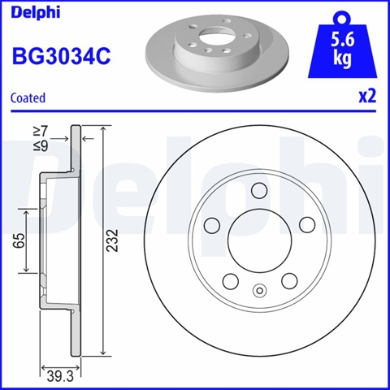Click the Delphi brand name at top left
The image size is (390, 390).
coord(35,13)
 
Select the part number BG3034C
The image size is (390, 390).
coord(61,56)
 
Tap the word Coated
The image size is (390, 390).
coord(28,97)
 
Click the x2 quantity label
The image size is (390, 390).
coord(367,97)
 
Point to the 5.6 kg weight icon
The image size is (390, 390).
coord(342,46)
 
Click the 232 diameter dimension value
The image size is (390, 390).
coord(112,240)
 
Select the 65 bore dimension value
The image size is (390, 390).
coord(19,240)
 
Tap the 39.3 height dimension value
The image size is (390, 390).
coord(60,377)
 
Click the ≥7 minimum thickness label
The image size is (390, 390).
coord(41,132)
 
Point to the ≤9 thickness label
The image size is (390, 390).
coord(41,146)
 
